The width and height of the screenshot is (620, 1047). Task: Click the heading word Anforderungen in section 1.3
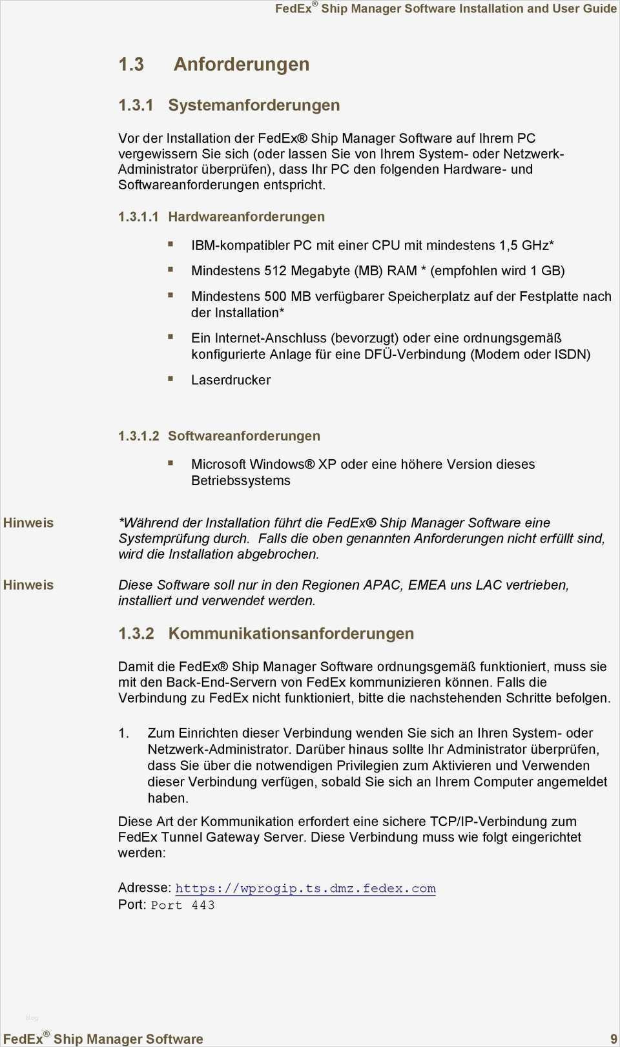pos(241,65)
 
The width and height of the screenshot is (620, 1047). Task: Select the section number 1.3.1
pos(136,105)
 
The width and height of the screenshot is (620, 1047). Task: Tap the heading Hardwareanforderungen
pos(246,217)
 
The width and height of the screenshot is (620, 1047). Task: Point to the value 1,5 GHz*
pos(526,245)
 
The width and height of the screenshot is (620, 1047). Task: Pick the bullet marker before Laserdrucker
pos(170,378)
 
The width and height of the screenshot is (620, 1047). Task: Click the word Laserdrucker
pos(231,380)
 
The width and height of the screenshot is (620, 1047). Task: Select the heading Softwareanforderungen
pos(243,436)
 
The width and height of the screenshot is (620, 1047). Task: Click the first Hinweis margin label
pos(28,523)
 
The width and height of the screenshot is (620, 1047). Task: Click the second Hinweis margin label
pos(28,585)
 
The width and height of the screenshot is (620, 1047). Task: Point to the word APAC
pos(383,585)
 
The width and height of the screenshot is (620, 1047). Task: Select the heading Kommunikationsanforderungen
pos(291,634)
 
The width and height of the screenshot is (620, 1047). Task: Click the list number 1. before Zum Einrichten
pos(123,733)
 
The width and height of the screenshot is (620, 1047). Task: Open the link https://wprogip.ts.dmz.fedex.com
pos(305,889)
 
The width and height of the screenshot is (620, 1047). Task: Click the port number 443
pos(203,906)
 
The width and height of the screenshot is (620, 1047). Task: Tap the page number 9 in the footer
pos(614,1039)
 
